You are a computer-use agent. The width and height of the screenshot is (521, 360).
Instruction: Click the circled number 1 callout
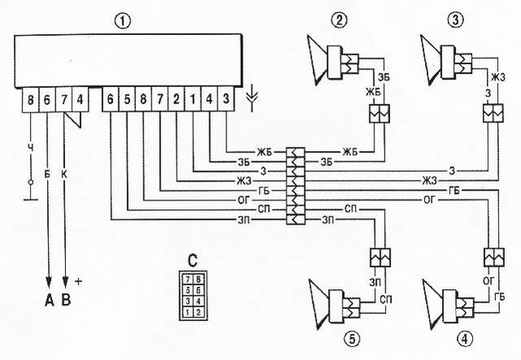(x=123, y=21)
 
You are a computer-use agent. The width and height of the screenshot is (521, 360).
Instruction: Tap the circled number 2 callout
(x=339, y=20)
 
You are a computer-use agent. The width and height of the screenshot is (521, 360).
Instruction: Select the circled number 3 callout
(x=456, y=20)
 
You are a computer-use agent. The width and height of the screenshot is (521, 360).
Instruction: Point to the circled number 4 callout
(x=465, y=340)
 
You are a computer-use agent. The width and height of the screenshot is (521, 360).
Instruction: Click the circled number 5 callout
(x=352, y=340)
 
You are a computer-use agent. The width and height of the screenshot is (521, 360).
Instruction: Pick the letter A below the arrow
(x=49, y=301)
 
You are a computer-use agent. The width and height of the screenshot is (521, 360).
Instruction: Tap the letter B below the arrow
(x=66, y=301)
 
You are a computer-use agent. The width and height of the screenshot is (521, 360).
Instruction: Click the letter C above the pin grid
(x=193, y=261)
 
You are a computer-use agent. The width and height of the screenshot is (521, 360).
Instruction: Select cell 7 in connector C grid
(x=188, y=279)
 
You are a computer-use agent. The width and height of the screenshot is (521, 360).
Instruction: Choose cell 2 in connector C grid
(x=199, y=312)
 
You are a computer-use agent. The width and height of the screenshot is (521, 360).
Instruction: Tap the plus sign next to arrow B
(x=78, y=282)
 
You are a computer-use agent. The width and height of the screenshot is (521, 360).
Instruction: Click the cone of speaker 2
(x=317, y=59)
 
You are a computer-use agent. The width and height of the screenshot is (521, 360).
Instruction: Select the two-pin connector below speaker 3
(x=493, y=113)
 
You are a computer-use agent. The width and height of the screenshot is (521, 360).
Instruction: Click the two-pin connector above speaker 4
(x=494, y=257)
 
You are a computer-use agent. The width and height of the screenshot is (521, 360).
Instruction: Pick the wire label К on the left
(x=64, y=174)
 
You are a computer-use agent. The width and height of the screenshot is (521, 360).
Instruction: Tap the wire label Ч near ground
(x=31, y=148)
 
